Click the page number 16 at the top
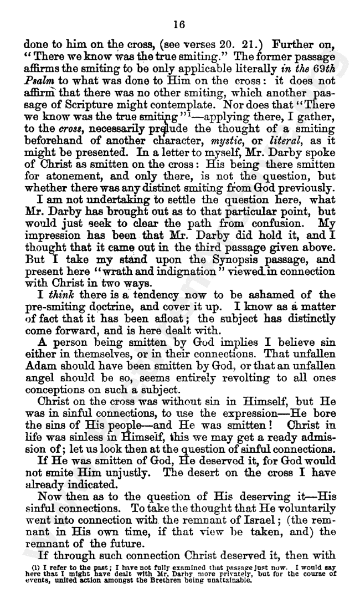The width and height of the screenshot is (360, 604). (x=178, y=24)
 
